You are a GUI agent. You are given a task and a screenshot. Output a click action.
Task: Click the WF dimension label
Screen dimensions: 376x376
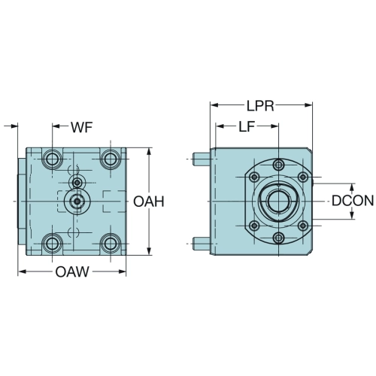[82, 127]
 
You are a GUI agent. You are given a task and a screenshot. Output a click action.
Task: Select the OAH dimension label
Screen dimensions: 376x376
[149, 202]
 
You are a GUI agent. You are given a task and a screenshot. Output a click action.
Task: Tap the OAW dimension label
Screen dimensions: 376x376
[72, 271]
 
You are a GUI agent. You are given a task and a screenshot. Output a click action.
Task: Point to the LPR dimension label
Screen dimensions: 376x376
[260, 106]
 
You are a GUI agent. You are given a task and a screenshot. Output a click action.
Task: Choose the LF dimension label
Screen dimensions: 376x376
[247, 127]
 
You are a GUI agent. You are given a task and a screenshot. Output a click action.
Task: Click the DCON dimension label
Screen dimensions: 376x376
[353, 201]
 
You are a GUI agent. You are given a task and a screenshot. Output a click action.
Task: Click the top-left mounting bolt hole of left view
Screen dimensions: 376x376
[52, 159]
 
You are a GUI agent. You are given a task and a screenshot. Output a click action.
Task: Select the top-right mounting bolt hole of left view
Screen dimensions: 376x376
[111, 159]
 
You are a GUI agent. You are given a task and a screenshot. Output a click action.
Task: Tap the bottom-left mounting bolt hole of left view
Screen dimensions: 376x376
[52, 243]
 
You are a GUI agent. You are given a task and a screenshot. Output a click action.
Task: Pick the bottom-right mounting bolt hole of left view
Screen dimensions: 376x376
[111, 243]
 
